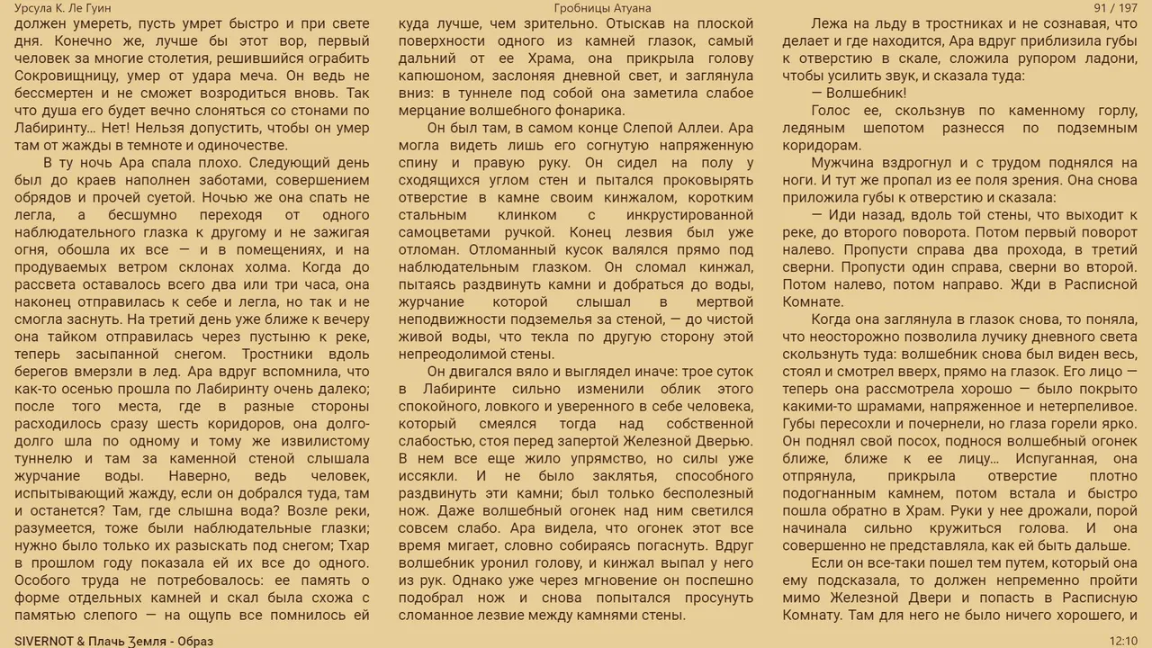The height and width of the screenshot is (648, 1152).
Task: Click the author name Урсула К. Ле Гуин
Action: [63, 8]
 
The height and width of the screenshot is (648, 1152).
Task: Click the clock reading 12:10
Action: [1123, 640]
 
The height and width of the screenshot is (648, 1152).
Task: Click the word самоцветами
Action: [448, 231]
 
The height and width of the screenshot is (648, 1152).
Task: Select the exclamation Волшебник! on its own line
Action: [859, 94]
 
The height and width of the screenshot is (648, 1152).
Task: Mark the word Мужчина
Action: [842, 163]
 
